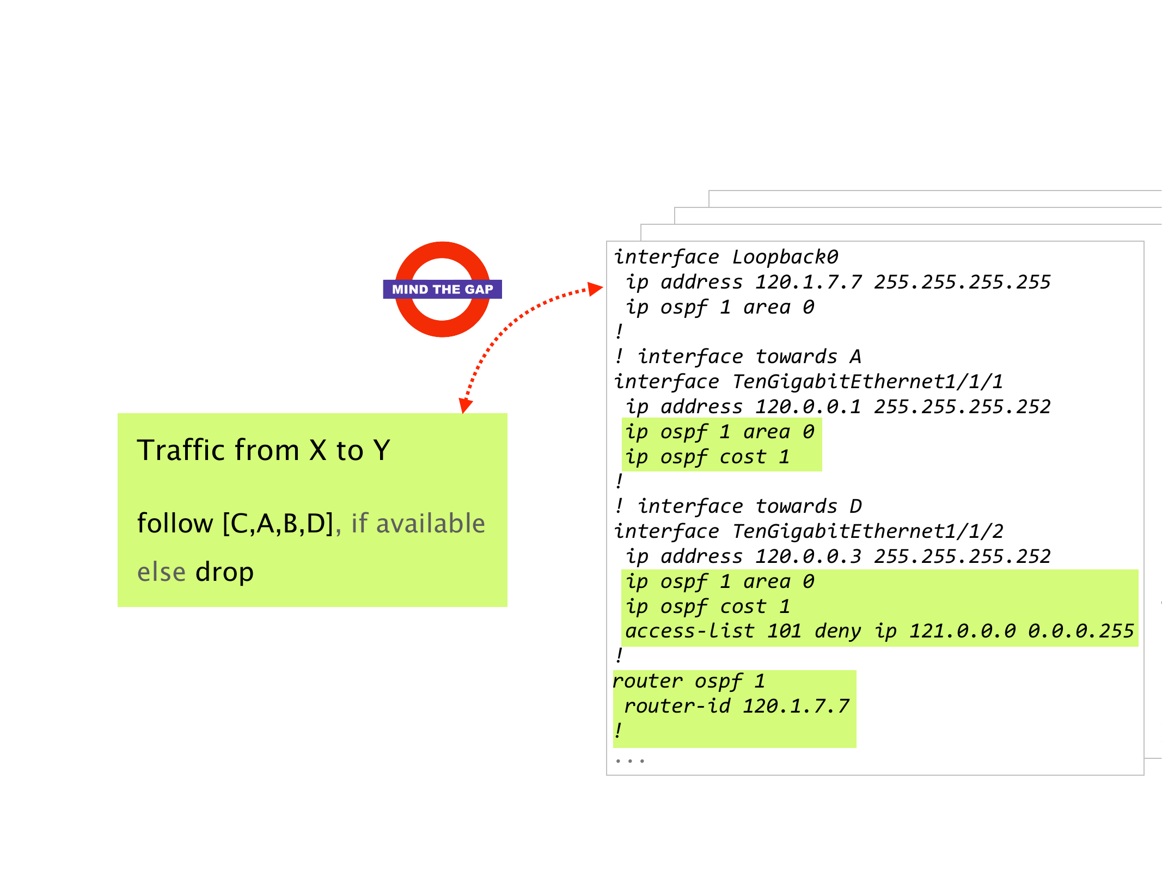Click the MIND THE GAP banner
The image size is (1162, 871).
pyautogui.click(x=442, y=289)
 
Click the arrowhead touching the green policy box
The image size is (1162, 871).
pyautogui.click(x=465, y=405)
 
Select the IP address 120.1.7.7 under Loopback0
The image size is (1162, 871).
pyautogui.click(x=808, y=282)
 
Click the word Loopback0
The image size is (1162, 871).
pyautogui.click(x=785, y=257)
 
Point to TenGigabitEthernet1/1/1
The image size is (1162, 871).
pyautogui.click(x=867, y=382)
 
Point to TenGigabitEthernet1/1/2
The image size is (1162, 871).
pyautogui.click(x=867, y=531)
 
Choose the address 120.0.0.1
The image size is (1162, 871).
pyautogui.click(x=808, y=407)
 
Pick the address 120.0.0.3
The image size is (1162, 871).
pyautogui.click(x=808, y=556)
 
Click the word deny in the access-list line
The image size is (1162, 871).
pyautogui.click(x=837, y=631)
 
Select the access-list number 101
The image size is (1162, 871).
pyautogui.click(x=784, y=631)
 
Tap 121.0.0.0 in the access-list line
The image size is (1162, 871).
pyautogui.click(x=962, y=631)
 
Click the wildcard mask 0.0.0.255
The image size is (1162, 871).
pyautogui.click(x=1081, y=631)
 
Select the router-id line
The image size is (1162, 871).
pyautogui.click(x=736, y=706)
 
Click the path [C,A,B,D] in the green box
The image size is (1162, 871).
pyautogui.click(x=278, y=524)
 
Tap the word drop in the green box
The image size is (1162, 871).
pyautogui.click(x=224, y=572)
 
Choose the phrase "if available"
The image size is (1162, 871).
pyautogui.click(x=418, y=524)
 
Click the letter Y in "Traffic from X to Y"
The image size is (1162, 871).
pyautogui.click(x=382, y=451)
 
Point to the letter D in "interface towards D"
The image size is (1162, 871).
pyautogui.click(x=855, y=506)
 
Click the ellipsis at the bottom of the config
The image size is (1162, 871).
pyautogui.click(x=630, y=760)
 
